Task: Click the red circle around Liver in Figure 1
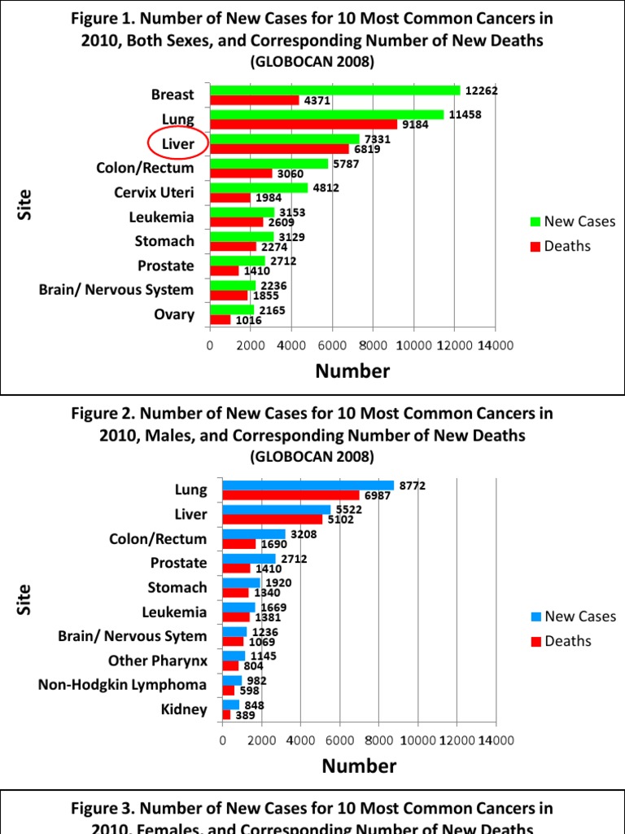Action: [178, 144]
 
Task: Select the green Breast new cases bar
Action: [334, 90]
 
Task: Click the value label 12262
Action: [480, 91]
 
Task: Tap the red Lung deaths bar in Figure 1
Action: [304, 125]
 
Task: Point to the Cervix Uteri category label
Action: [154, 193]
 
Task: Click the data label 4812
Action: [322, 188]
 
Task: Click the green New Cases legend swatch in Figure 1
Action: [535, 222]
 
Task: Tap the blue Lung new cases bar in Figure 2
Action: [308, 485]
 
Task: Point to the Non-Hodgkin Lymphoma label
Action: [122, 685]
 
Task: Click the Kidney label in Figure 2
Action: [183, 709]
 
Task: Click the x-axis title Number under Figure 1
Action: [352, 372]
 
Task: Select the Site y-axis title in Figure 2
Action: [24, 599]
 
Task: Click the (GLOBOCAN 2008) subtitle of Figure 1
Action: [312, 61]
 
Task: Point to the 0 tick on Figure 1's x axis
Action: [210, 345]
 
